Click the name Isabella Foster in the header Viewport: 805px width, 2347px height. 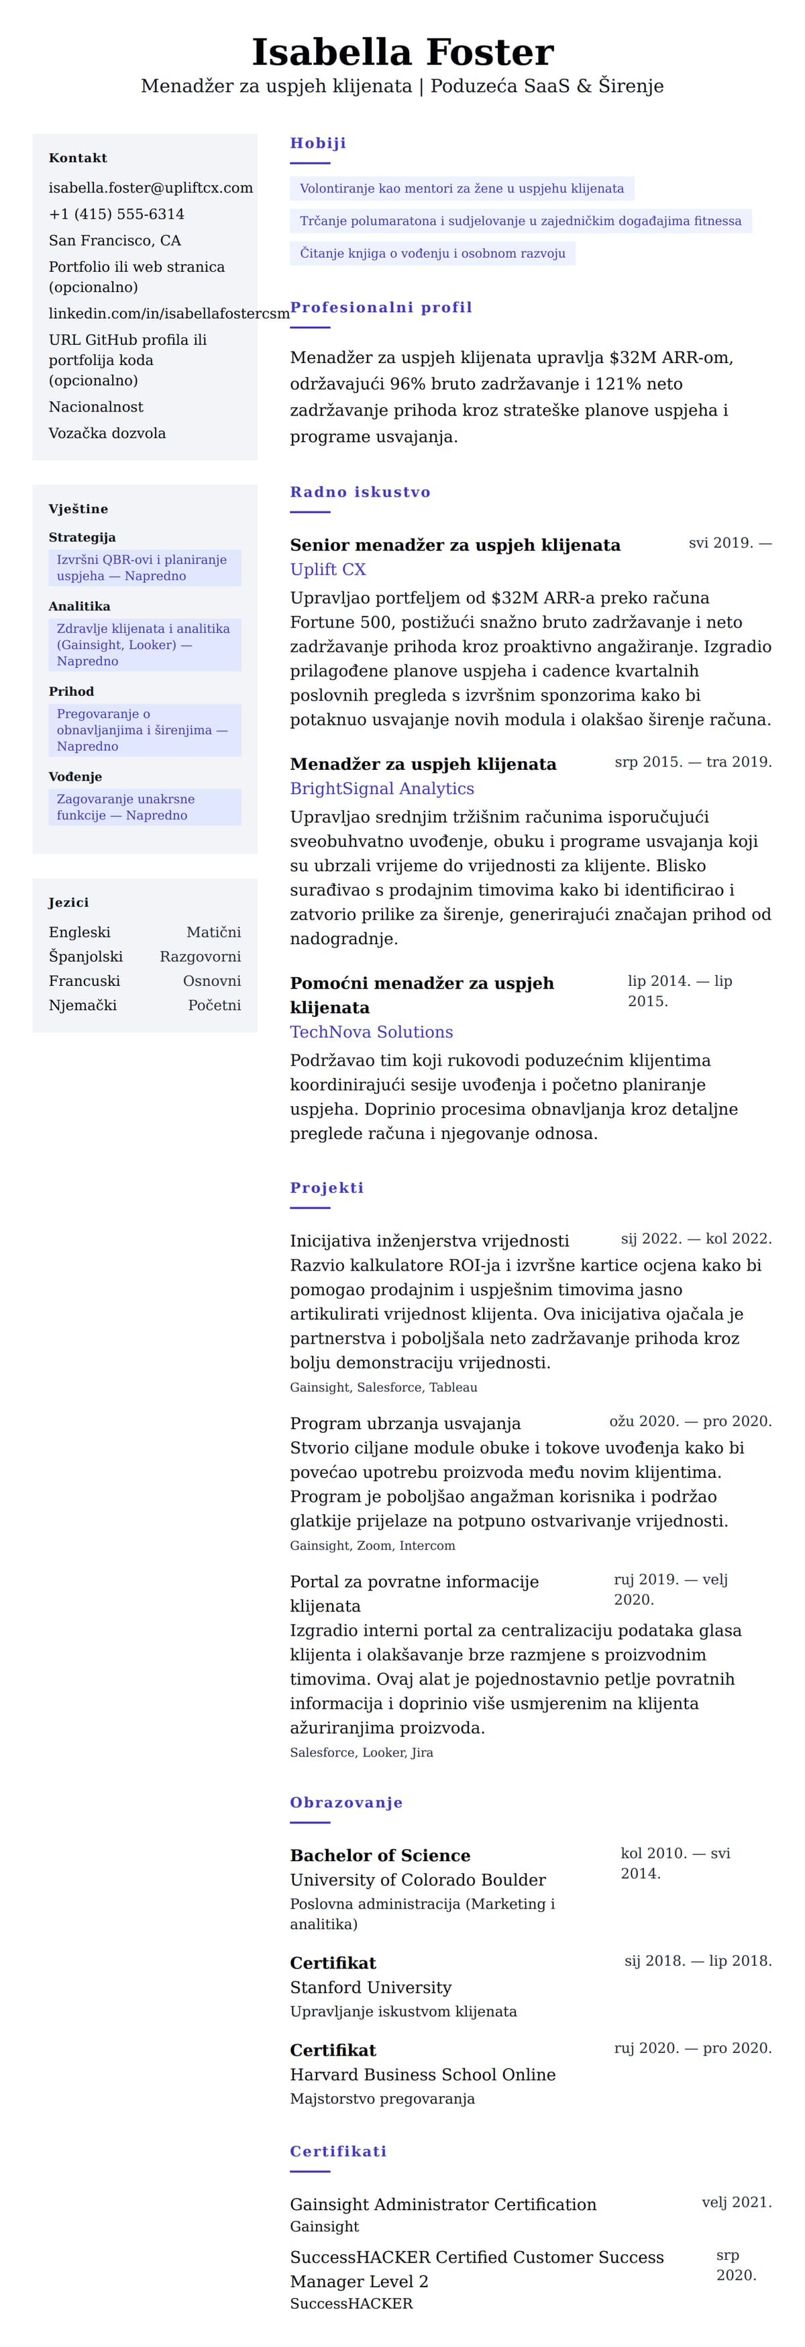[x=402, y=53]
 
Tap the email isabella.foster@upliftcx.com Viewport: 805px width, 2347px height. [x=150, y=188]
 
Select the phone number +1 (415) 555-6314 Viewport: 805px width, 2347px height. [x=117, y=214]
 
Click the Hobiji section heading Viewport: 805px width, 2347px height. [x=318, y=143]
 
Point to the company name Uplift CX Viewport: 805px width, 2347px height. [x=328, y=569]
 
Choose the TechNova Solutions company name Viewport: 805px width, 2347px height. [x=370, y=1032]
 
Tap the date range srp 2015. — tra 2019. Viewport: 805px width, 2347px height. [x=692, y=762]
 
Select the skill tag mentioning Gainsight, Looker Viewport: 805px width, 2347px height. [x=144, y=644]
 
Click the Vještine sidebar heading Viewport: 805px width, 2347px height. [x=78, y=509]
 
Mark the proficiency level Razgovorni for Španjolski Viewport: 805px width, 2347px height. [x=201, y=956]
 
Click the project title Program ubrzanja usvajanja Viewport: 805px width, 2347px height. [x=405, y=1423]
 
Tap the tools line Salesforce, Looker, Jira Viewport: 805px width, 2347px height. [x=362, y=1752]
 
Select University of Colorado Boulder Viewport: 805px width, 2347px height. [x=417, y=1880]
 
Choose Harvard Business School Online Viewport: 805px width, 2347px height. [x=423, y=2074]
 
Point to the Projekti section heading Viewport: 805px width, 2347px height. [x=326, y=1188]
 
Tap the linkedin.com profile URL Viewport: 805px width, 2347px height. [x=168, y=313]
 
